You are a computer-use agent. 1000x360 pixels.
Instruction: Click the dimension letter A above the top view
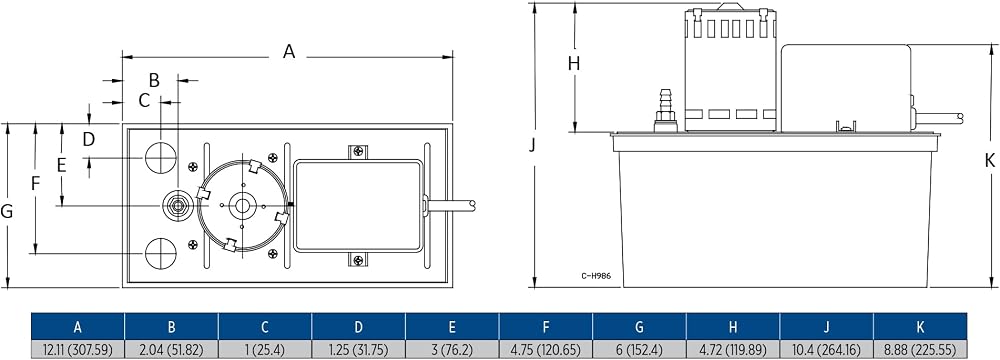point(289,52)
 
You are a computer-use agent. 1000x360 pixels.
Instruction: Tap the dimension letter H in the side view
point(574,63)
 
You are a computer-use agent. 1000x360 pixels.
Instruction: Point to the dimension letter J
point(532,146)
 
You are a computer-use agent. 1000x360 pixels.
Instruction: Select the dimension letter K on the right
point(989,161)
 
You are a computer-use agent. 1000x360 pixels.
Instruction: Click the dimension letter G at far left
point(7,211)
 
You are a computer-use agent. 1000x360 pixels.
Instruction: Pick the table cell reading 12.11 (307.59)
point(78,349)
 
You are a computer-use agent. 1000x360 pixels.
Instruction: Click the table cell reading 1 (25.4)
point(265,349)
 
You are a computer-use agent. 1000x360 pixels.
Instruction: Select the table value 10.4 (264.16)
point(827,349)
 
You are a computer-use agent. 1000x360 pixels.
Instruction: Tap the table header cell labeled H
point(733,327)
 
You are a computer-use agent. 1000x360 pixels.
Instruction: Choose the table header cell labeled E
point(452,327)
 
